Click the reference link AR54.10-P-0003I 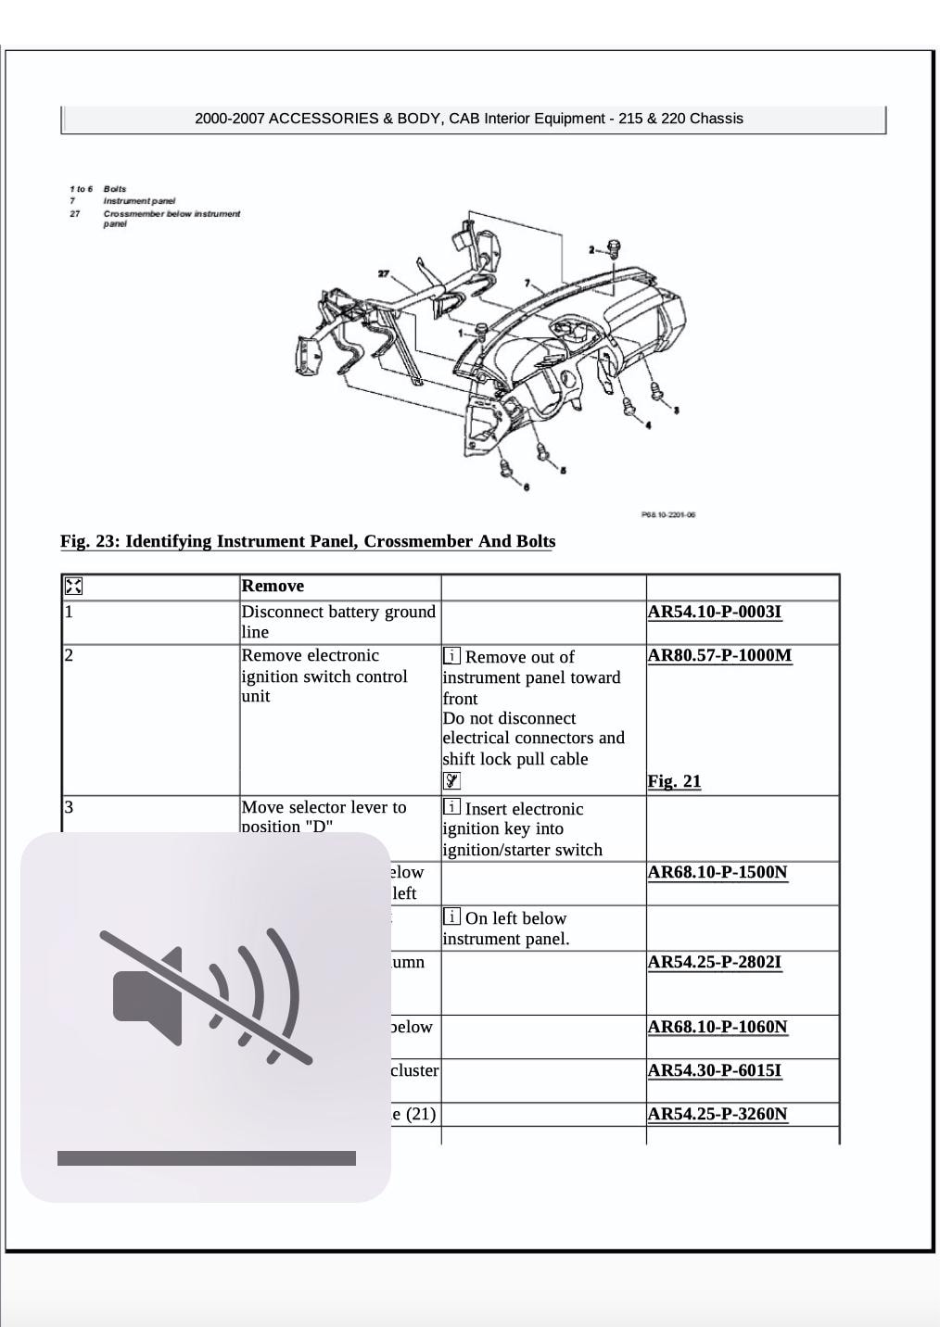point(714,612)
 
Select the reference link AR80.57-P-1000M point(719,655)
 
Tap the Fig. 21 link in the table point(674,781)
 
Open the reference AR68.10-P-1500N point(717,872)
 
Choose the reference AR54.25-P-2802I point(714,962)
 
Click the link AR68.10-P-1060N point(717,1027)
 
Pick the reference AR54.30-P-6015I point(714,1070)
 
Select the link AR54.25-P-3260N point(717,1114)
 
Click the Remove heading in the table point(273,586)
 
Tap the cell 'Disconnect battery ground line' point(337,622)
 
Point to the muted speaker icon point(206,997)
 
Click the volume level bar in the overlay point(206,1157)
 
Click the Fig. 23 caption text point(308,541)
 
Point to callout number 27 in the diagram point(384,273)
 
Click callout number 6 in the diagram point(526,487)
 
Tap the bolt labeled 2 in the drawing point(613,248)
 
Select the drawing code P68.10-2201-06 point(667,514)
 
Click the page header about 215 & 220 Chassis point(469,119)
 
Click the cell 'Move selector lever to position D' point(324,816)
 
